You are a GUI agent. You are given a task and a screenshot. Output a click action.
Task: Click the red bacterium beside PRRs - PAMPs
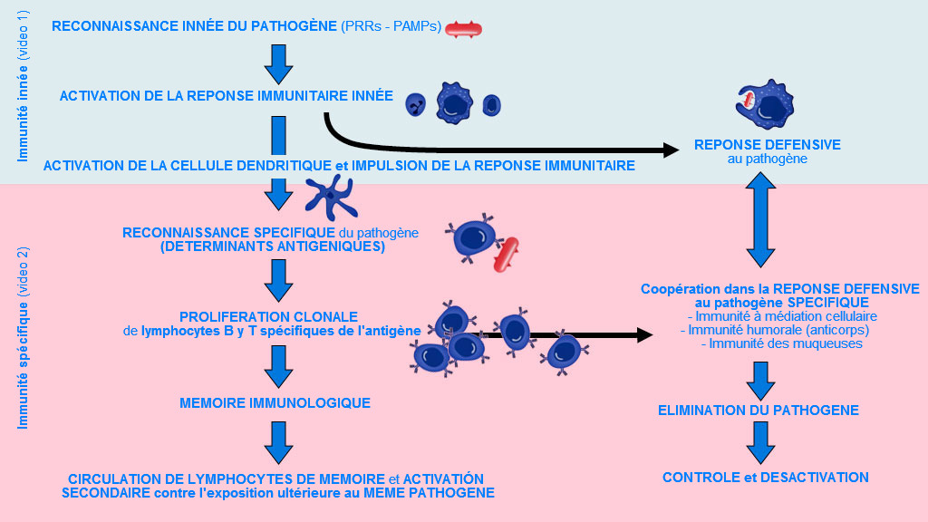click(x=464, y=29)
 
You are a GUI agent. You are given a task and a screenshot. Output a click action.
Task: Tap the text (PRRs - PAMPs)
click(x=392, y=26)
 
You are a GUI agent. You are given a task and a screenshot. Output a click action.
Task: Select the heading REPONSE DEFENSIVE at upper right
click(x=767, y=145)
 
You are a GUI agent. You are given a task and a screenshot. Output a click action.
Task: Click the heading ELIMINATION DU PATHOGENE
click(x=758, y=411)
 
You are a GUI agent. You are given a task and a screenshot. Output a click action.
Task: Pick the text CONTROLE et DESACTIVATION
click(x=765, y=478)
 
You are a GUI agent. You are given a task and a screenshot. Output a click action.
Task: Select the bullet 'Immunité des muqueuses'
click(x=780, y=343)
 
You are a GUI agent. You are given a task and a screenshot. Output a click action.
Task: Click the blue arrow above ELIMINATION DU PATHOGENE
click(x=759, y=380)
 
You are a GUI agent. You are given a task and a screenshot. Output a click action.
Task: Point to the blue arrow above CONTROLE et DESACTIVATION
click(x=759, y=443)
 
